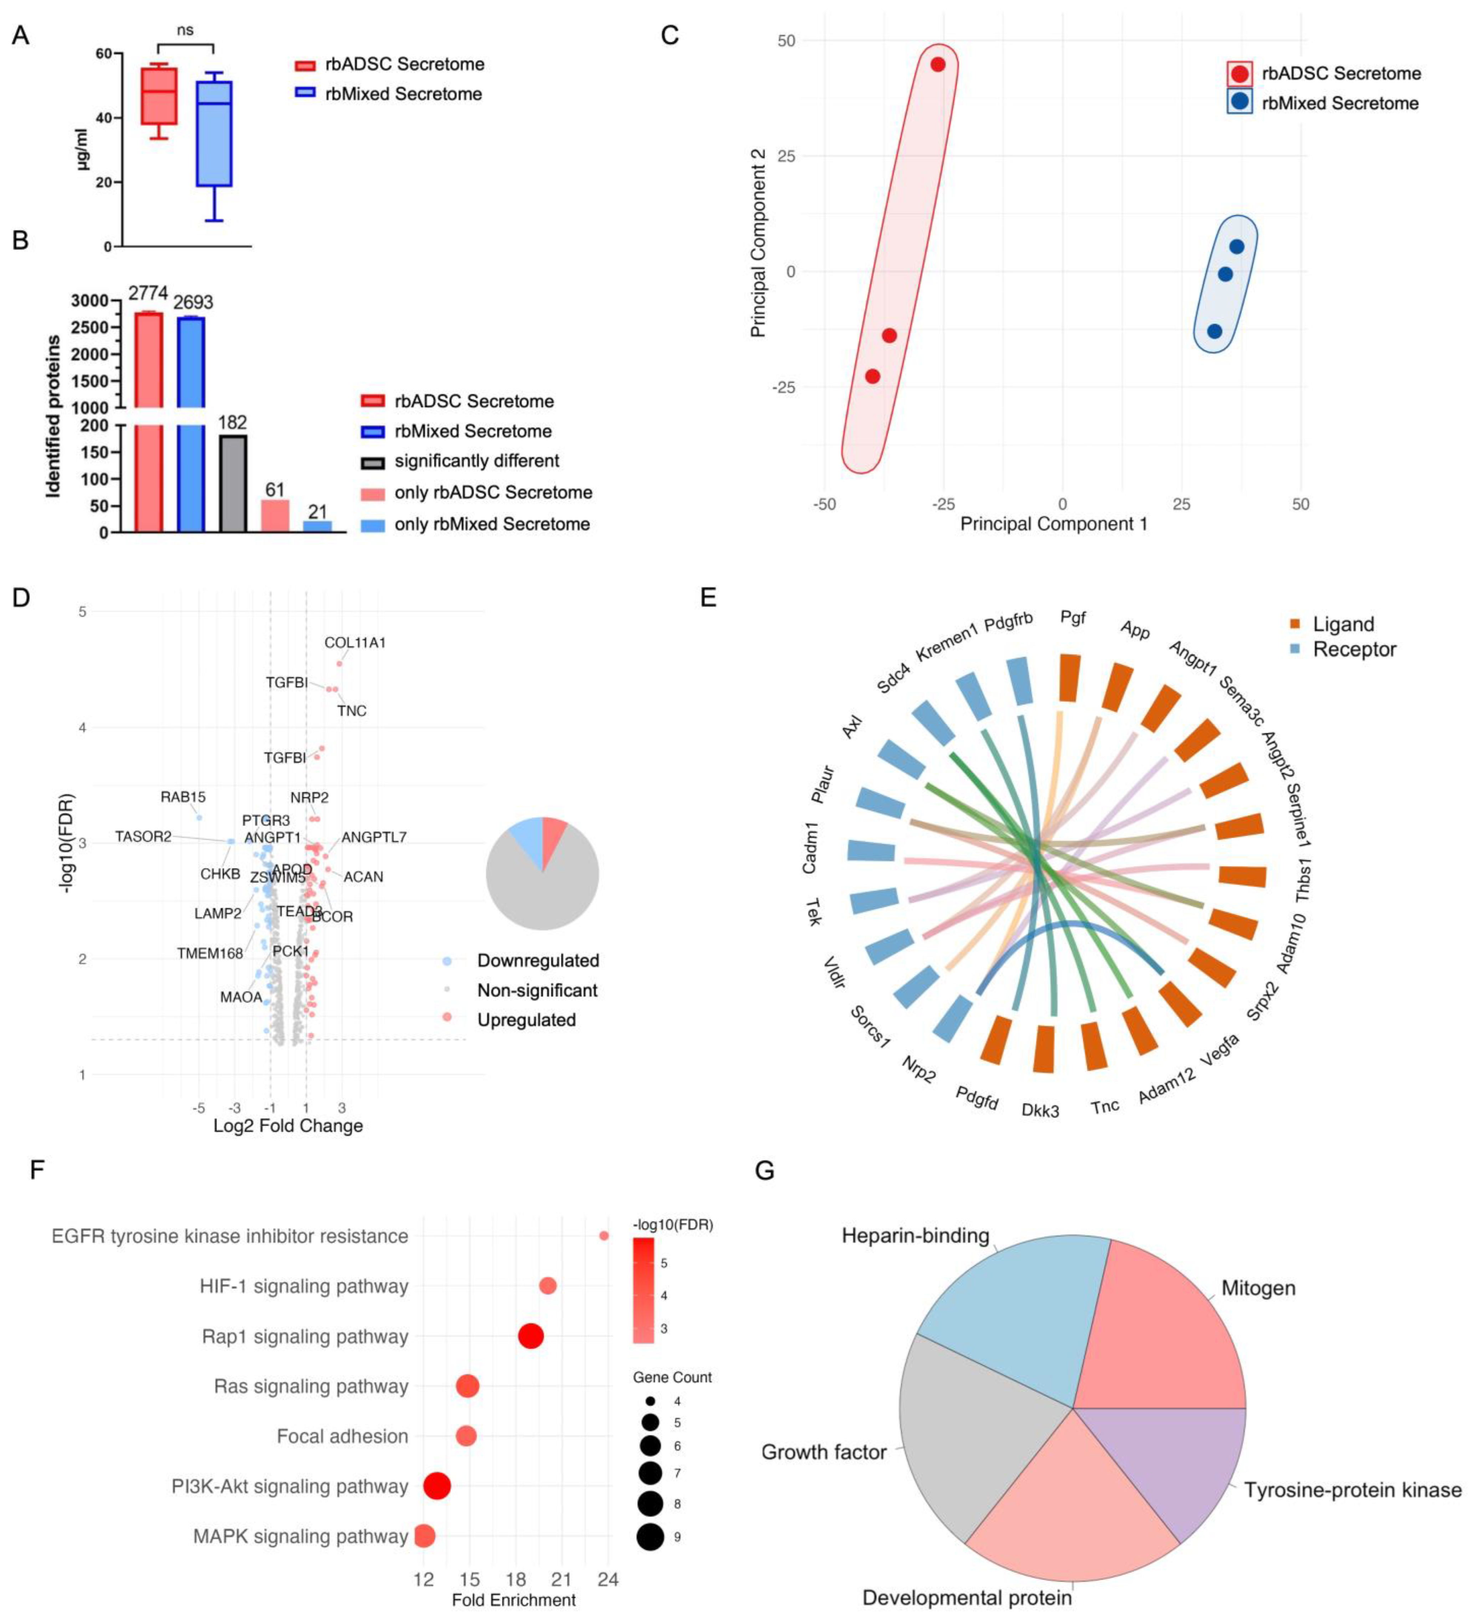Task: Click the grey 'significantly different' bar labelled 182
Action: click(x=233, y=484)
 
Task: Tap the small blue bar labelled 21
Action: click(x=317, y=526)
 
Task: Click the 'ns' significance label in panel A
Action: click(x=185, y=31)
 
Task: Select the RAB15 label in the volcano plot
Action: click(x=183, y=797)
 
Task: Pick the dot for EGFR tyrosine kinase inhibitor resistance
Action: click(x=604, y=1236)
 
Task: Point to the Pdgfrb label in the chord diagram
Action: click(x=1008, y=623)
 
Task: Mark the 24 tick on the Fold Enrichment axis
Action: click(x=608, y=1580)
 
